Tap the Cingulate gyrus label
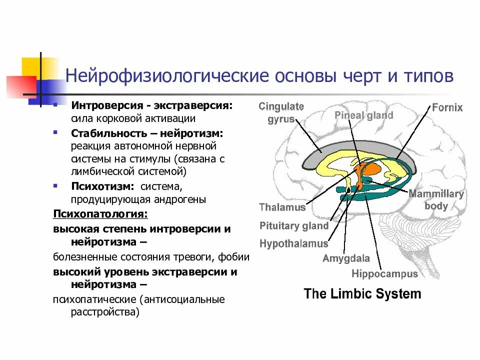281,113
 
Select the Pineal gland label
363,115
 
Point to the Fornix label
447,107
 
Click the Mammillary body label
436,199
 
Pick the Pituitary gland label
293,225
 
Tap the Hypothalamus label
293,243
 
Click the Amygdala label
346,258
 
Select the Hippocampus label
384,273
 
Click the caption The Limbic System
362,293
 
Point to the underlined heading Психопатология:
100,214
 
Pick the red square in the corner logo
20,87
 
